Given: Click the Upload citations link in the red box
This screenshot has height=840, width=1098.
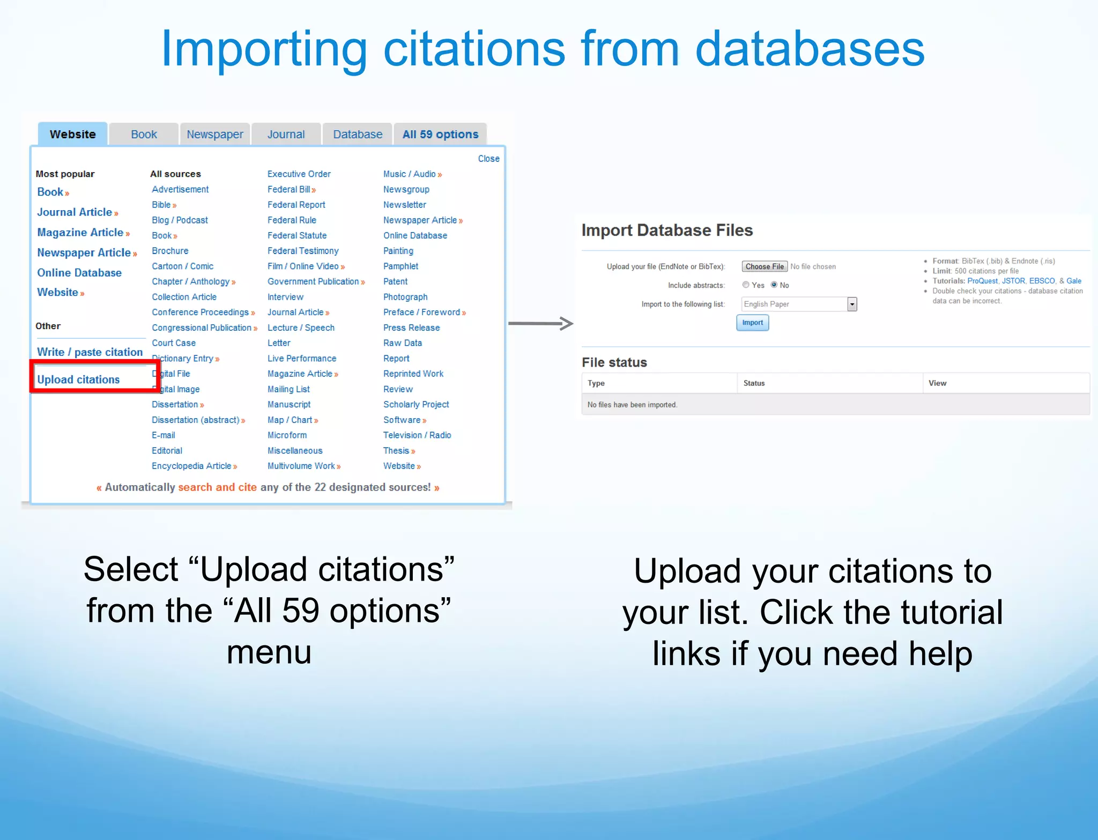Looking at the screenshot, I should (x=78, y=380).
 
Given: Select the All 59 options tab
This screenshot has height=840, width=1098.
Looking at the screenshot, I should (x=440, y=135).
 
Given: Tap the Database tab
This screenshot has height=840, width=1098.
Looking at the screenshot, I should (x=358, y=135).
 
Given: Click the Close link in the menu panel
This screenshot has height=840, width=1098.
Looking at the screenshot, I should (x=488, y=159).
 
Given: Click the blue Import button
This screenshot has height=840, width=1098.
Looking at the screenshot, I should (x=752, y=323).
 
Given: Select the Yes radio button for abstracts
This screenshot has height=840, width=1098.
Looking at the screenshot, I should (x=746, y=285).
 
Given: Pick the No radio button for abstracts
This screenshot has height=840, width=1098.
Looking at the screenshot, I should (x=774, y=285).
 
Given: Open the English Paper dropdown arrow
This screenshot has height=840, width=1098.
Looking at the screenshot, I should (x=852, y=304).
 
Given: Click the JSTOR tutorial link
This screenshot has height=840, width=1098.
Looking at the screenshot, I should (x=1013, y=281).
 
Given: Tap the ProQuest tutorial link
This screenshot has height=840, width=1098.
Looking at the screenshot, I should (x=982, y=281).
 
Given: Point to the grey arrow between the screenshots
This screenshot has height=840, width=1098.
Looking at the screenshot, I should (x=540, y=323).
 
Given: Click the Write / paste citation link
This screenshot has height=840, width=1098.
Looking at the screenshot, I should (x=90, y=352).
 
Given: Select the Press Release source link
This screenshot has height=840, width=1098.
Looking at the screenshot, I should (x=411, y=328).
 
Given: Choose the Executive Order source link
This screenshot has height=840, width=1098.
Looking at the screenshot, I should (x=299, y=174).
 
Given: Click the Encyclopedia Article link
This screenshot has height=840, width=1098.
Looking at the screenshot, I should (x=191, y=466).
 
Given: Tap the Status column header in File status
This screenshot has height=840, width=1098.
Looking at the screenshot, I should (x=754, y=383).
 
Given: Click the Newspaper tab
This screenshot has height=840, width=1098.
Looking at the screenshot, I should (x=214, y=135).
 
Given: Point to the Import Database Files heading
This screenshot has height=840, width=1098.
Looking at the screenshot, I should (x=667, y=231).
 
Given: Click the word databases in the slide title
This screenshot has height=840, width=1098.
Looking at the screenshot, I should (x=810, y=49).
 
